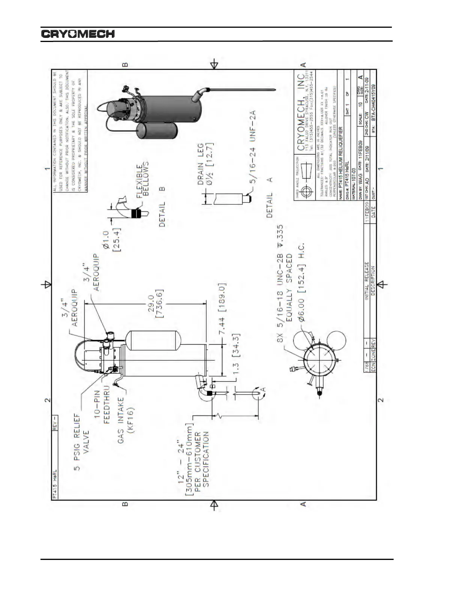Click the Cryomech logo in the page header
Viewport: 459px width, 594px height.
click(x=78, y=34)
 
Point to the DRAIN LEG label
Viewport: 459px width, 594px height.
click(x=204, y=164)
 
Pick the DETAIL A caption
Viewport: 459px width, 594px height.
click(x=270, y=198)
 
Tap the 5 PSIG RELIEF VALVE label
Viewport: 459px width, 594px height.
click(x=81, y=442)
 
